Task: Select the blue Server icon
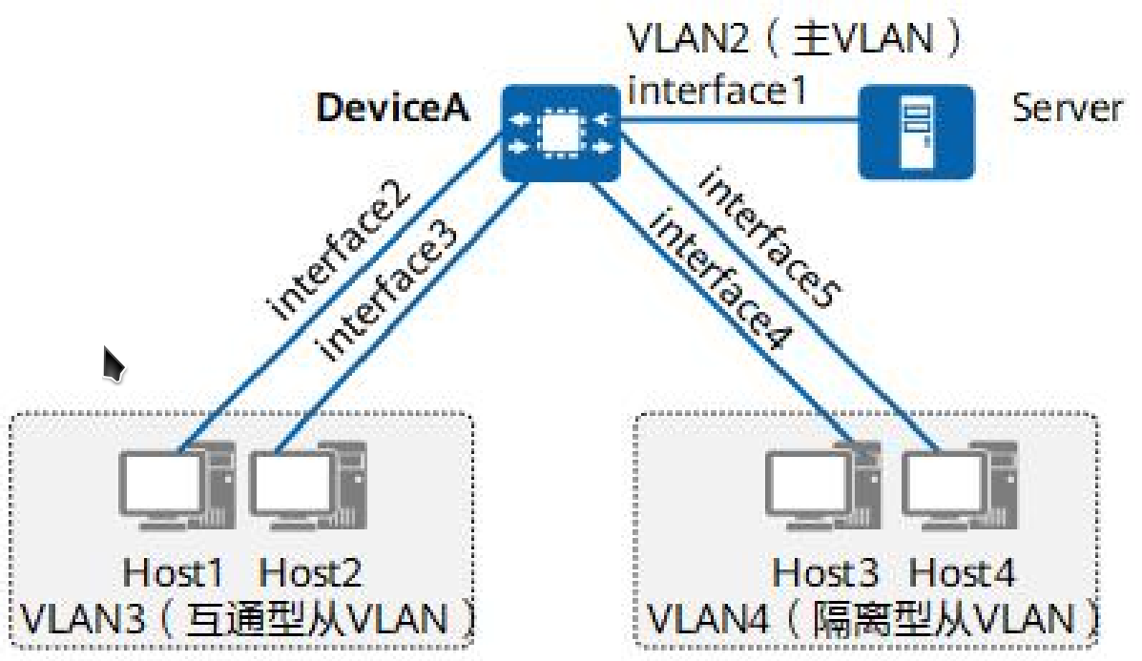[x=916, y=132]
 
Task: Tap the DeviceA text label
[x=392, y=108]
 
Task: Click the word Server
[x=1066, y=108]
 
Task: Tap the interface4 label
[x=721, y=282]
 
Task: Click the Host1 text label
[x=174, y=573]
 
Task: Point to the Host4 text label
[x=962, y=573]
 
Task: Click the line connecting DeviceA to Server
[x=739, y=120]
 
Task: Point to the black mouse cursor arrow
[x=114, y=363]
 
